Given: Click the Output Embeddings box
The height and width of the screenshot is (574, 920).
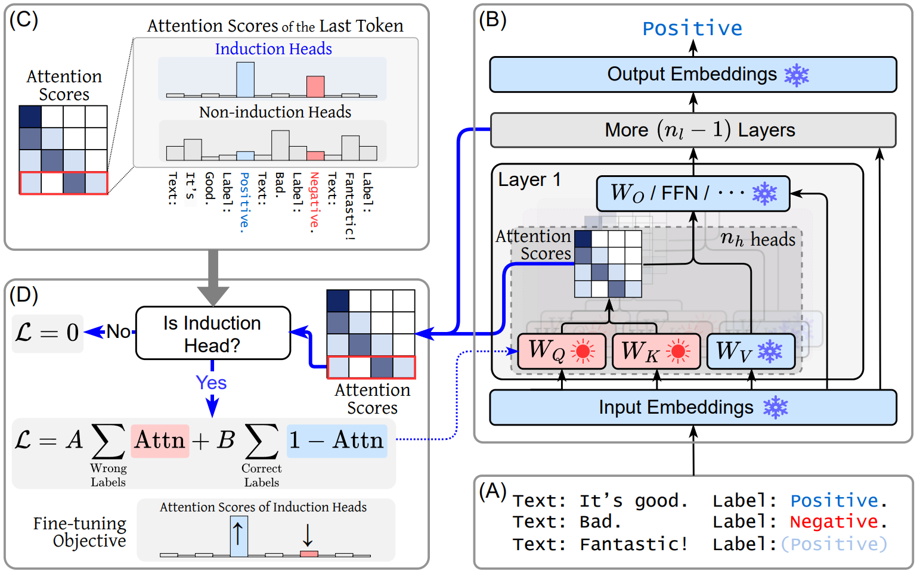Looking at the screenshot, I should coord(693,75).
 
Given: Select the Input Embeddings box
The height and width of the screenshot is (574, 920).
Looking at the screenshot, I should coord(693,408).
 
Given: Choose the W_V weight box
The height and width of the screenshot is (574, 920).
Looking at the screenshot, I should coord(751,351).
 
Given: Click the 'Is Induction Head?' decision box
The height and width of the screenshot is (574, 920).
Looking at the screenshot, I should coord(213,334).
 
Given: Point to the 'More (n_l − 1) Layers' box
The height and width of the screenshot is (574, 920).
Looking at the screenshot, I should coord(693,130).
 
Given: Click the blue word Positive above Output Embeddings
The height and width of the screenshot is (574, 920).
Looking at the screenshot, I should coord(692,28).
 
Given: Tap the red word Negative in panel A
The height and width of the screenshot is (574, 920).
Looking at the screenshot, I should coord(834,522).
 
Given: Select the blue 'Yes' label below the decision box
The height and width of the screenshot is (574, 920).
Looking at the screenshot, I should coord(211,383).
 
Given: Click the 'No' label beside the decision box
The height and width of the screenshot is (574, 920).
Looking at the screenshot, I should coord(118,331).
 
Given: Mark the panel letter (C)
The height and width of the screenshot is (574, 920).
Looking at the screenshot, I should coord(24,20).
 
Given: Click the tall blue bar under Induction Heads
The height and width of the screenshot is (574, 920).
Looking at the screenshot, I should coord(245,80).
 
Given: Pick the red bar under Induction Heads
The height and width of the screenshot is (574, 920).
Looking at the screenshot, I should coord(315,86).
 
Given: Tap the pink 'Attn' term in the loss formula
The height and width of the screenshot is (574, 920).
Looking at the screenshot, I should coord(160,440).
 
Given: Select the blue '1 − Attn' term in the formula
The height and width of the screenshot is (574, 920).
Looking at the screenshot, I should coord(337,440).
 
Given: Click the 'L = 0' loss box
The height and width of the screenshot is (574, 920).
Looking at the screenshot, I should coord(48,333).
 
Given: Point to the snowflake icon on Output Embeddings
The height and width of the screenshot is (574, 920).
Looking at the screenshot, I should coord(796,75).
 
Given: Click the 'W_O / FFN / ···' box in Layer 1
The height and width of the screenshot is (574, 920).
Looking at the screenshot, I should coord(693,193).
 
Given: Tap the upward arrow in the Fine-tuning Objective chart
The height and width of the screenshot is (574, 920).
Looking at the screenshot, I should coord(238,533).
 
